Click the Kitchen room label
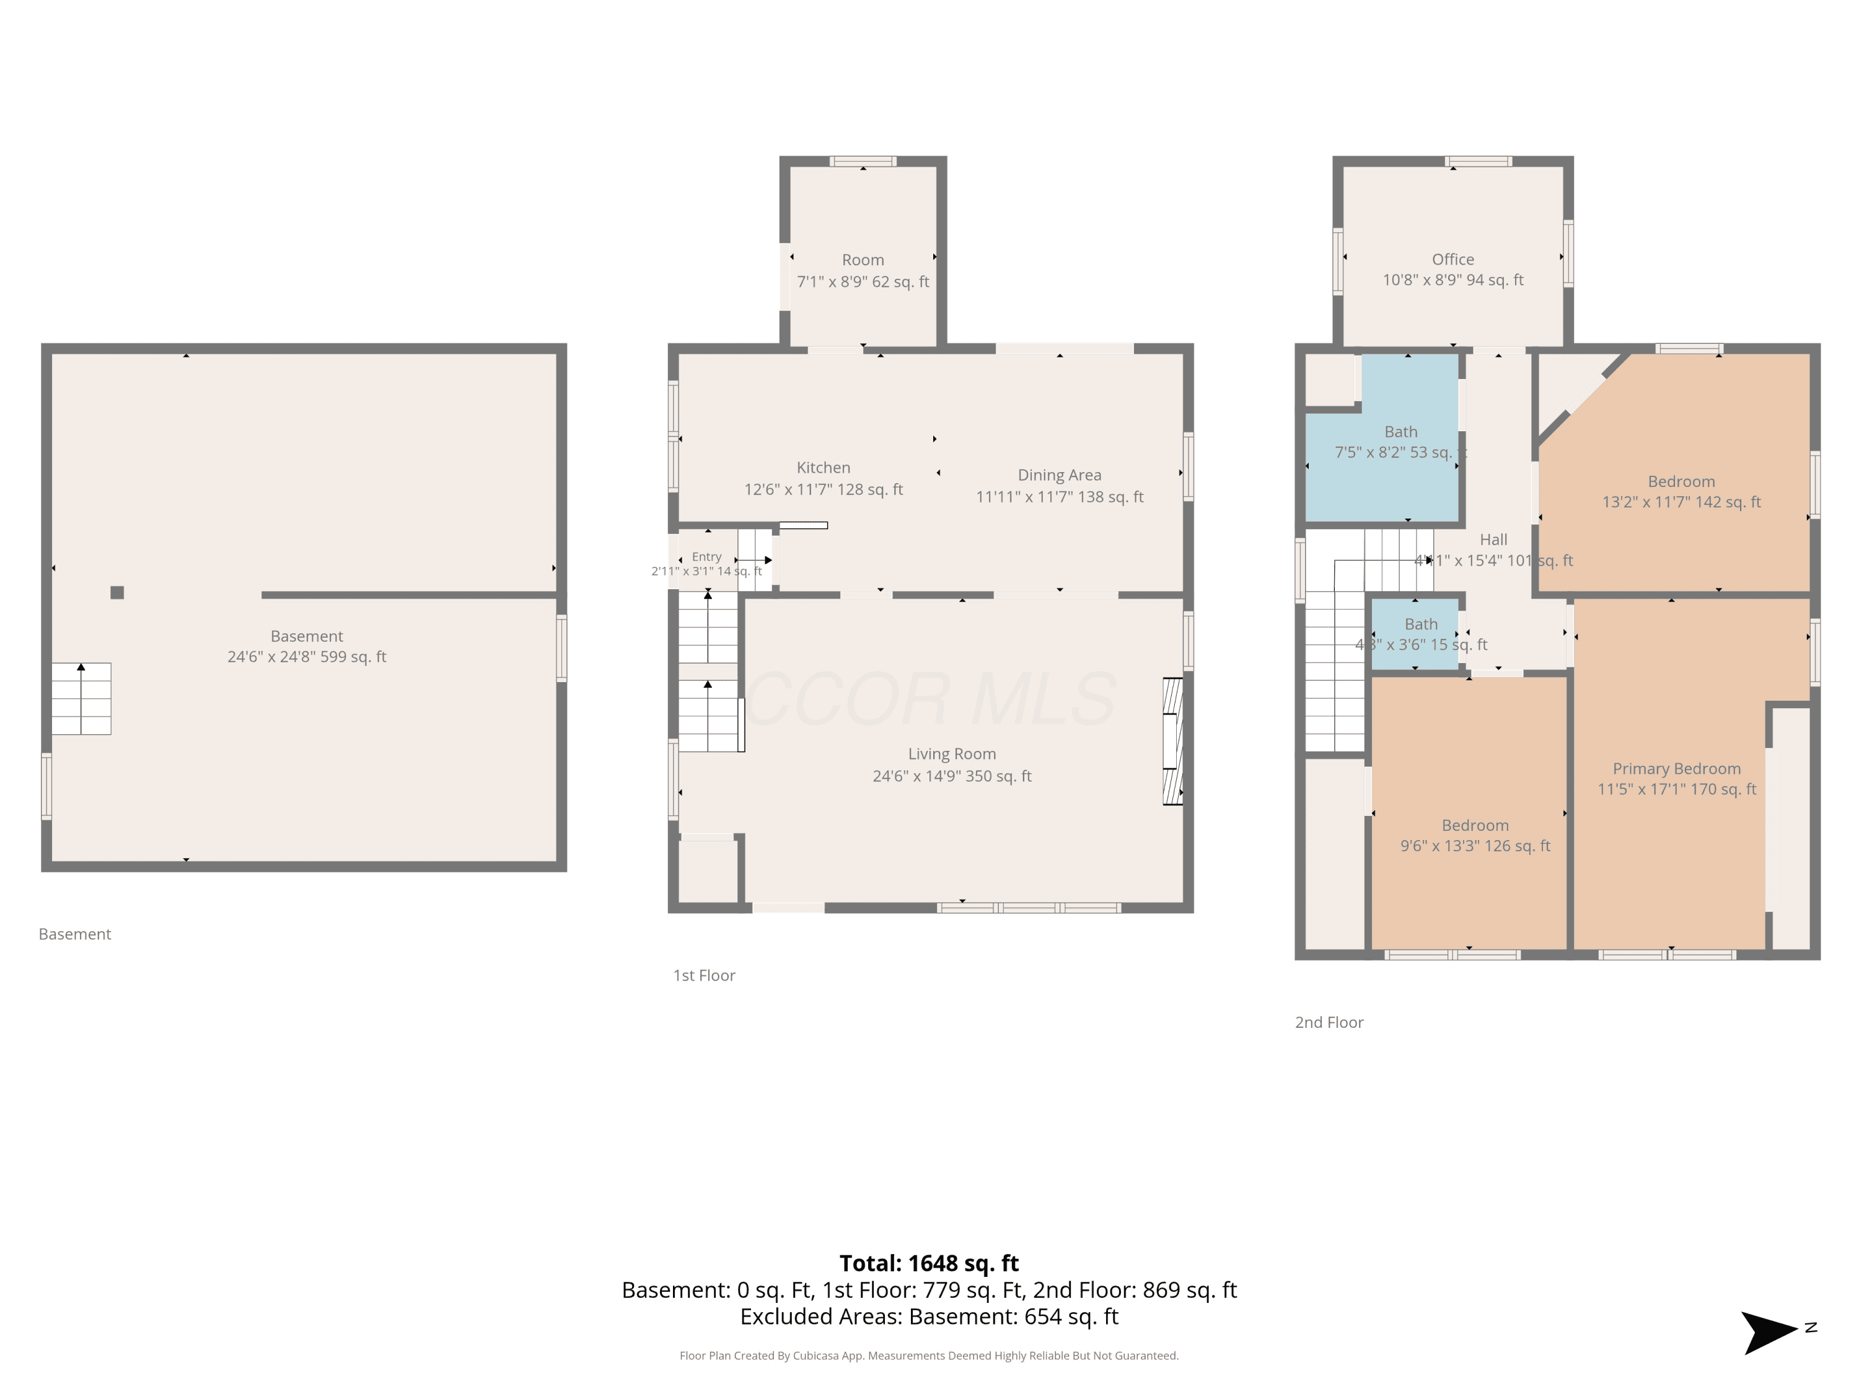tap(823, 468)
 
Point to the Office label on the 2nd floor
tap(1452, 260)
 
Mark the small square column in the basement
tap(117, 592)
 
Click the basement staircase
tap(81, 698)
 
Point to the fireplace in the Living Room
tap(1172, 741)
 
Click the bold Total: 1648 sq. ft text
tap(929, 1263)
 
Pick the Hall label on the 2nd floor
tap(1493, 540)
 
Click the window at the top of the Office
tap(1479, 161)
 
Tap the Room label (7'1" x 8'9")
tap(863, 260)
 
